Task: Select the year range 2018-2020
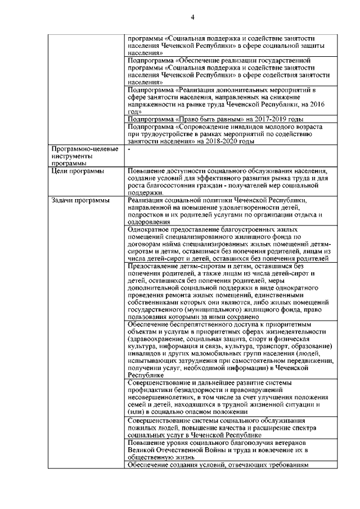tap(221, 141)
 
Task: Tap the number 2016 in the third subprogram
tap(319, 105)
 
